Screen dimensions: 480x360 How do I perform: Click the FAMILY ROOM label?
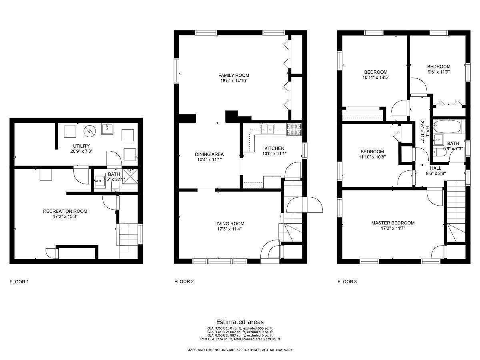(x=234, y=76)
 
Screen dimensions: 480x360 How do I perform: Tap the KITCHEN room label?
(x=274, y=148)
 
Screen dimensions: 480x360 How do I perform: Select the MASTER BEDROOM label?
(x=393, y=223)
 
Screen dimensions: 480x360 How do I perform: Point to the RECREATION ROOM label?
(x=65, y=211)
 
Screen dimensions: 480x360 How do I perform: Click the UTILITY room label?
(x=81, y=146)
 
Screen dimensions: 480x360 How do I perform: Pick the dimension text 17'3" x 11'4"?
(x=229, y=229)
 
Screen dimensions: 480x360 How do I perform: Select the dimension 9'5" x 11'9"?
(x=438, y=72)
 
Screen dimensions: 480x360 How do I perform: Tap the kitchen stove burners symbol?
(x=294, y=129)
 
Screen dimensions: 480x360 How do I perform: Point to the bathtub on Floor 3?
(x=447, y=126)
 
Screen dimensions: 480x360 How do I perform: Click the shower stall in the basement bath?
(x=130, y=176)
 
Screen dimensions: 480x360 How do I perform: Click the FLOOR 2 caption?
(x=184, y=282)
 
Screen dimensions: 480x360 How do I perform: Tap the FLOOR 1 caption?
(x=19, y=282)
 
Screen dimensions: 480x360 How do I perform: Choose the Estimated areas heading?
(x=240, y=322)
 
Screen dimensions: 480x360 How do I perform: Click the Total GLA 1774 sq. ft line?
(x=240, y=339)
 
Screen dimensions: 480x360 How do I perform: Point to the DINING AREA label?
(x=209, y=154)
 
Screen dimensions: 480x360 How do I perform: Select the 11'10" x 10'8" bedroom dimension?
(x=372, y=157)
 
